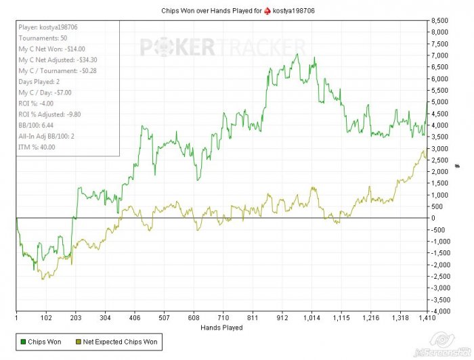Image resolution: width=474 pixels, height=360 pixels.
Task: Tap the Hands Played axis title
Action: pyautogui.click(x=221, y=328)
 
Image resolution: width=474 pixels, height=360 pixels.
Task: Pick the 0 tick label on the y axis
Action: pyautogui.click(x=433, y=218)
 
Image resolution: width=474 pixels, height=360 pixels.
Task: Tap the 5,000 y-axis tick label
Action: pyautogui.click(x=440, y=102)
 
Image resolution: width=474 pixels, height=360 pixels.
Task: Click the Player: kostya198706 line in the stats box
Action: pyautogui.click(x=48, y=28)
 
